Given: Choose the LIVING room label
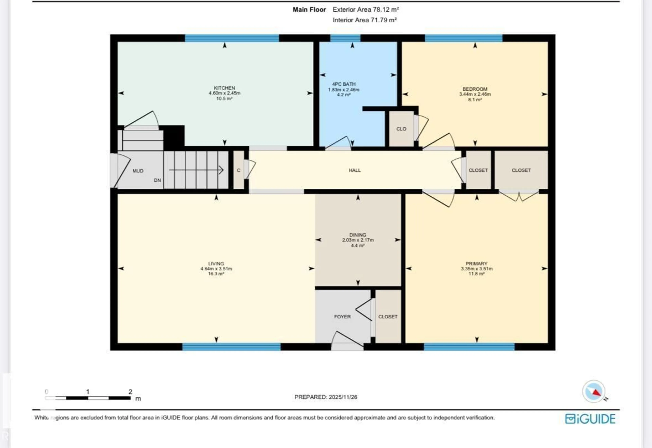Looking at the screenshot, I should (216, 264).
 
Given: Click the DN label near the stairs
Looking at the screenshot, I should (157, 180).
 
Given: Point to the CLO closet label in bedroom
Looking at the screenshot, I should (401, 129).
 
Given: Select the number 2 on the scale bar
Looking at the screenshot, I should (130, 392).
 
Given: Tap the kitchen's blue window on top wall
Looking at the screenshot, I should (232, 38).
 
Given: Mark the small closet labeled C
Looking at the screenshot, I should (239, 170).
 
